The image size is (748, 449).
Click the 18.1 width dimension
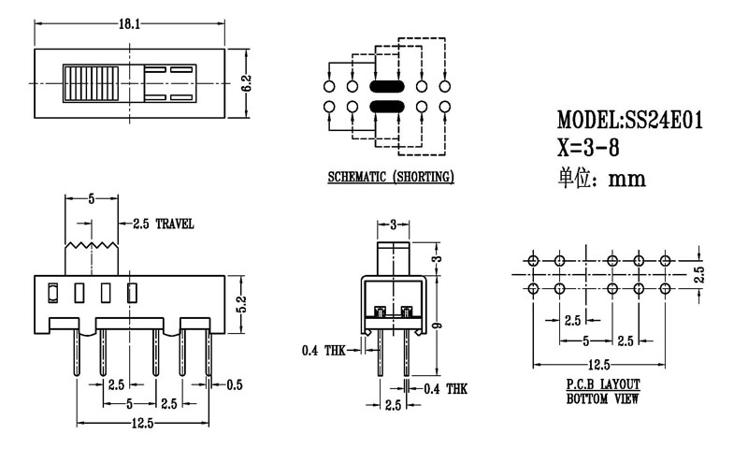tap(128, 25)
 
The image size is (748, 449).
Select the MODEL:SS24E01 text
tap(629, 121)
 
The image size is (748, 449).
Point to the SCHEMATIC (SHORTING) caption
tap(391, 177)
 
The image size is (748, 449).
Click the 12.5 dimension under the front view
tap(143, 423)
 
